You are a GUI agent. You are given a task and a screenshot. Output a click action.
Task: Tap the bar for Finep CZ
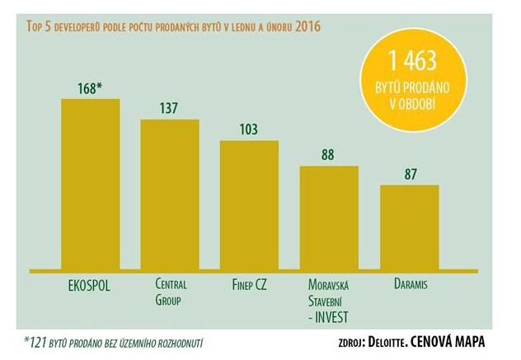point(248,205)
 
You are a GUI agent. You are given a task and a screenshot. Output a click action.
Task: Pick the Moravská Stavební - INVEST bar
point(328,217)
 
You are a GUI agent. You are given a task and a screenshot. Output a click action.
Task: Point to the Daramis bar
point(409,227)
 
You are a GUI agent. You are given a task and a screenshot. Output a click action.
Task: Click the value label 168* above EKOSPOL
point(90,88)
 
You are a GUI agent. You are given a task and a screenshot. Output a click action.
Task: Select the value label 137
point(169,109)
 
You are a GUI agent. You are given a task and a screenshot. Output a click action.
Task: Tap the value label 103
point(248,130)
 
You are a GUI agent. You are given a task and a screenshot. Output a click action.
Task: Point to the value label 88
point(328,155)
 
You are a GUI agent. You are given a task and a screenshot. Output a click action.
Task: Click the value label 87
point(409,174)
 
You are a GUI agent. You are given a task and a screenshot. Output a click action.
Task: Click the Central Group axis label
point(171,292)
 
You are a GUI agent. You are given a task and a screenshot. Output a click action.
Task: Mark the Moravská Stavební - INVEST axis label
point(329,300)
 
